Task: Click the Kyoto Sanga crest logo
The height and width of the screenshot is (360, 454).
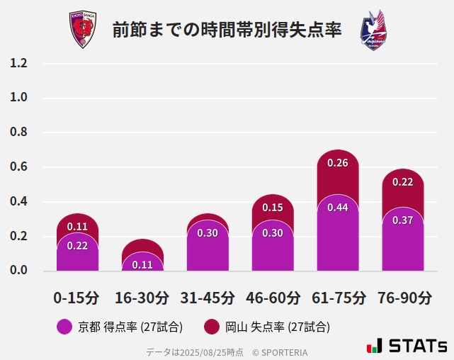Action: coord(82,30)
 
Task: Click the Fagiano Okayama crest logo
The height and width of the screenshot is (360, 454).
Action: coord(373,30)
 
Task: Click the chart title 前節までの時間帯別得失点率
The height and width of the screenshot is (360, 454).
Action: coord(227,30)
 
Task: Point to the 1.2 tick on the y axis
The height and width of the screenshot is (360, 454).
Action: coord(18,63)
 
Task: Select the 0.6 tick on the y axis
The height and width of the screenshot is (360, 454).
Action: coord(18,167)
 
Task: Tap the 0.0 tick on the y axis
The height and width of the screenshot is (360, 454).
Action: coord(18,271)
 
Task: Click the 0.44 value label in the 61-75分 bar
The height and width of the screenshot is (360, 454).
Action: coord(338,208)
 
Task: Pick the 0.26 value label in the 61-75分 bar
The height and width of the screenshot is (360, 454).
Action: coord(338,163)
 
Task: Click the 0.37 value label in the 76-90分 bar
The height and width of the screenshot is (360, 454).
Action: coord(402,220)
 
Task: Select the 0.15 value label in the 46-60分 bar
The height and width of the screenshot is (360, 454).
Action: coord(273,208)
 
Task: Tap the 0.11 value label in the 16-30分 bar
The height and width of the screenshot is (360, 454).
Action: coord(142,265)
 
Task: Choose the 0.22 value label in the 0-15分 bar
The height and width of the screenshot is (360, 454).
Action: coord(77,246)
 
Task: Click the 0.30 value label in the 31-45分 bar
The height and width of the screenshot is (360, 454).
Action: coord(208,233)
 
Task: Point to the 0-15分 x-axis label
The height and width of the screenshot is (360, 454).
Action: coord(76,298)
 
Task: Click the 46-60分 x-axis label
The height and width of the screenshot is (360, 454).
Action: coord(273,298)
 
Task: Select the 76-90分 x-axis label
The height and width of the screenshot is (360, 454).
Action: coord(403,298)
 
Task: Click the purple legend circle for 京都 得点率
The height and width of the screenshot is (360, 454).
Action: coord(64,327)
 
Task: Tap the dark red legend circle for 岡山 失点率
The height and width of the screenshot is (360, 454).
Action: coord(212,327)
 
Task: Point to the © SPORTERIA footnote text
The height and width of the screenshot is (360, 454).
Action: coord(280,351)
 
